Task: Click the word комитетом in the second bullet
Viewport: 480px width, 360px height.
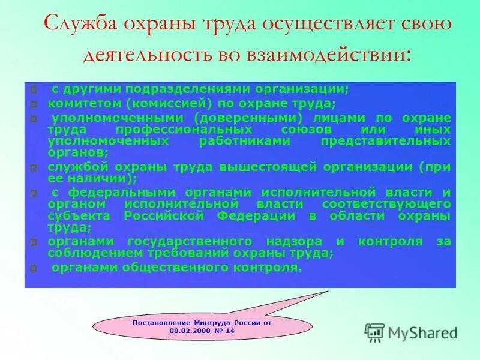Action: click(x=76, y=103)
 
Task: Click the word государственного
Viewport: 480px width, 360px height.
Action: click(x=187, y=241)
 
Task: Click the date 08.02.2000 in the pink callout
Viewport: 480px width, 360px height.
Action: click(x=190, y=331)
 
